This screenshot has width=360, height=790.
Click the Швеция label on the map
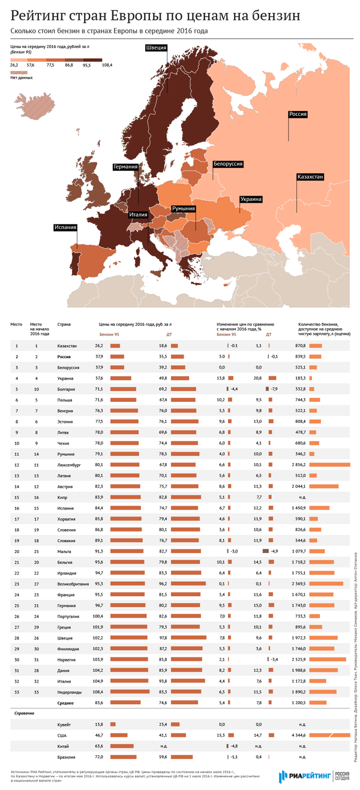point(156,49)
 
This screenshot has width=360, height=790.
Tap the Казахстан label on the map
point(310,177)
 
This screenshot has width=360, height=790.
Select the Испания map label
point(65,227)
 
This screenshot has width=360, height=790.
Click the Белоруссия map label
point(228,164)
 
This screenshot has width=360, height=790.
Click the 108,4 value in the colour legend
point(107,65)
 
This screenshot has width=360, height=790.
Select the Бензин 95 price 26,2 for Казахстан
point(99,346)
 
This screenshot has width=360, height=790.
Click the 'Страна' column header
point(64,325)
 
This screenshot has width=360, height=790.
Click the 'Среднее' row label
point(65,702)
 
